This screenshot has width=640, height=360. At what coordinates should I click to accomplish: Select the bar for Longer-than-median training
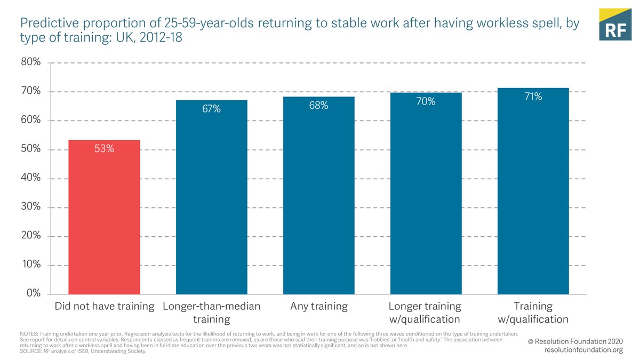click(x=212, y=197)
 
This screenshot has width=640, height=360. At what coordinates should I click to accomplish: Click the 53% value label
click(x=105, y=149)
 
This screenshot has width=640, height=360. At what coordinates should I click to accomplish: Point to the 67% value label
click(x=212, y=109)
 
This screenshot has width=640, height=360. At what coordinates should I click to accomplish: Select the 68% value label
click(x=319, y=106)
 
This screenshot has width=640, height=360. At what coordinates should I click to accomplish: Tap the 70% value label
click(x=426, y=101)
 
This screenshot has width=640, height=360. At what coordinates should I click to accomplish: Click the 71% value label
click(x=533, y=97)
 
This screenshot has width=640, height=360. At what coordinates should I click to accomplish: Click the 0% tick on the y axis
click(x=33, y=294)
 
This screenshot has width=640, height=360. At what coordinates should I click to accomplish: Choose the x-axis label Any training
click(x=319, y=307)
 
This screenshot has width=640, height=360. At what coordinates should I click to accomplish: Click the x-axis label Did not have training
click(x=105, y=307)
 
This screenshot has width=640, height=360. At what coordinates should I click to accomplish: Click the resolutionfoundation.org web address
click(x=583, y=350)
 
